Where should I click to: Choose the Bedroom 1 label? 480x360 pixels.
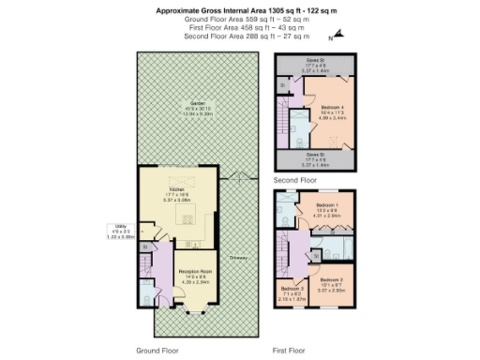pyautogui.click(x=326, y=204)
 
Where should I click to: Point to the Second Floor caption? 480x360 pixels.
pyautogui.click(x=295, y=178)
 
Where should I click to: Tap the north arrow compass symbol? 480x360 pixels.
pyautogui.click(x=338, y=36)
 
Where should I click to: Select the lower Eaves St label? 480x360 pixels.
pyautogui.click(x=314, y=155)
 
